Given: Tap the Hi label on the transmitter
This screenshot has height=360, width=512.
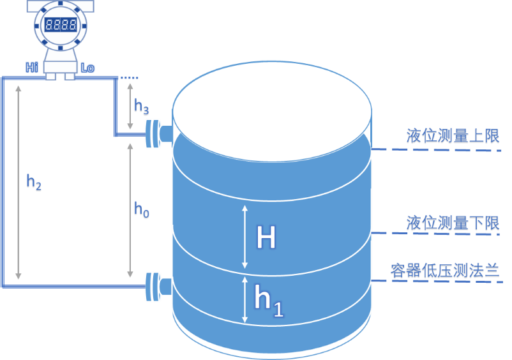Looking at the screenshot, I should click(32, 67).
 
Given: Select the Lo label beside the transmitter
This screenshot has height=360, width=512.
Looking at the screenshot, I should click(87, 67).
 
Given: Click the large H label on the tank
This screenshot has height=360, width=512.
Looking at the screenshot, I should click(266, 238).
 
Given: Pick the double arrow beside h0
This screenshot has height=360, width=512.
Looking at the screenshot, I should click(131, 210).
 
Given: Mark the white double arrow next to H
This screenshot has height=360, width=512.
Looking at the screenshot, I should click(244, 237).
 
